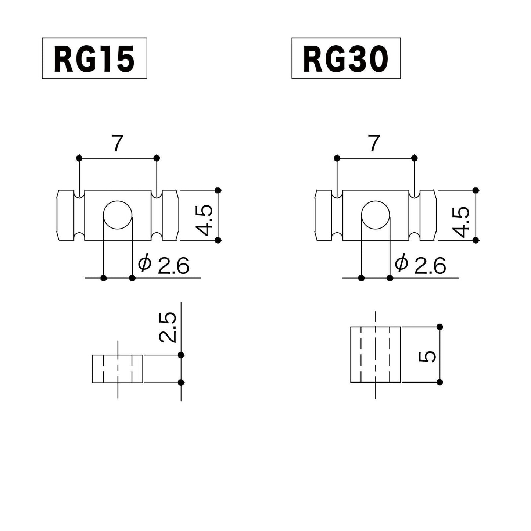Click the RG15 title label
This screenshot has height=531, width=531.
tap(94, 58)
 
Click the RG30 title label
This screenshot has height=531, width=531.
tap(346, 58)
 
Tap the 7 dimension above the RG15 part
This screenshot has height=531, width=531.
tap(117, 144)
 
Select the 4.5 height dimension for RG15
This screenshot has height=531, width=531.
tap(204, 220)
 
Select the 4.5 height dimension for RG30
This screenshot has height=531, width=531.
tap(462, 222)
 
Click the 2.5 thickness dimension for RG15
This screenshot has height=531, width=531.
tap(168, 327)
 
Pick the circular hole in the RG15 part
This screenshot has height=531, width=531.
tap(118, 215)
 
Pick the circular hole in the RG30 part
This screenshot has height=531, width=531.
tap(375, 215)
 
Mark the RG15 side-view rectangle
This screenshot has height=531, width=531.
tap(118, 369)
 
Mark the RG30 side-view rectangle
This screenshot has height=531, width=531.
tap(375, 355)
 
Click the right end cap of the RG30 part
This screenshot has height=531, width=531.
tap(428, 215)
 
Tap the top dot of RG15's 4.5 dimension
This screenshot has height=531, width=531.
tap(218, 190)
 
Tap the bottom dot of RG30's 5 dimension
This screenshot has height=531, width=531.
tap(440, 382)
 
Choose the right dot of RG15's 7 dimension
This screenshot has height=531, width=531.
tap(157, 158)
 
